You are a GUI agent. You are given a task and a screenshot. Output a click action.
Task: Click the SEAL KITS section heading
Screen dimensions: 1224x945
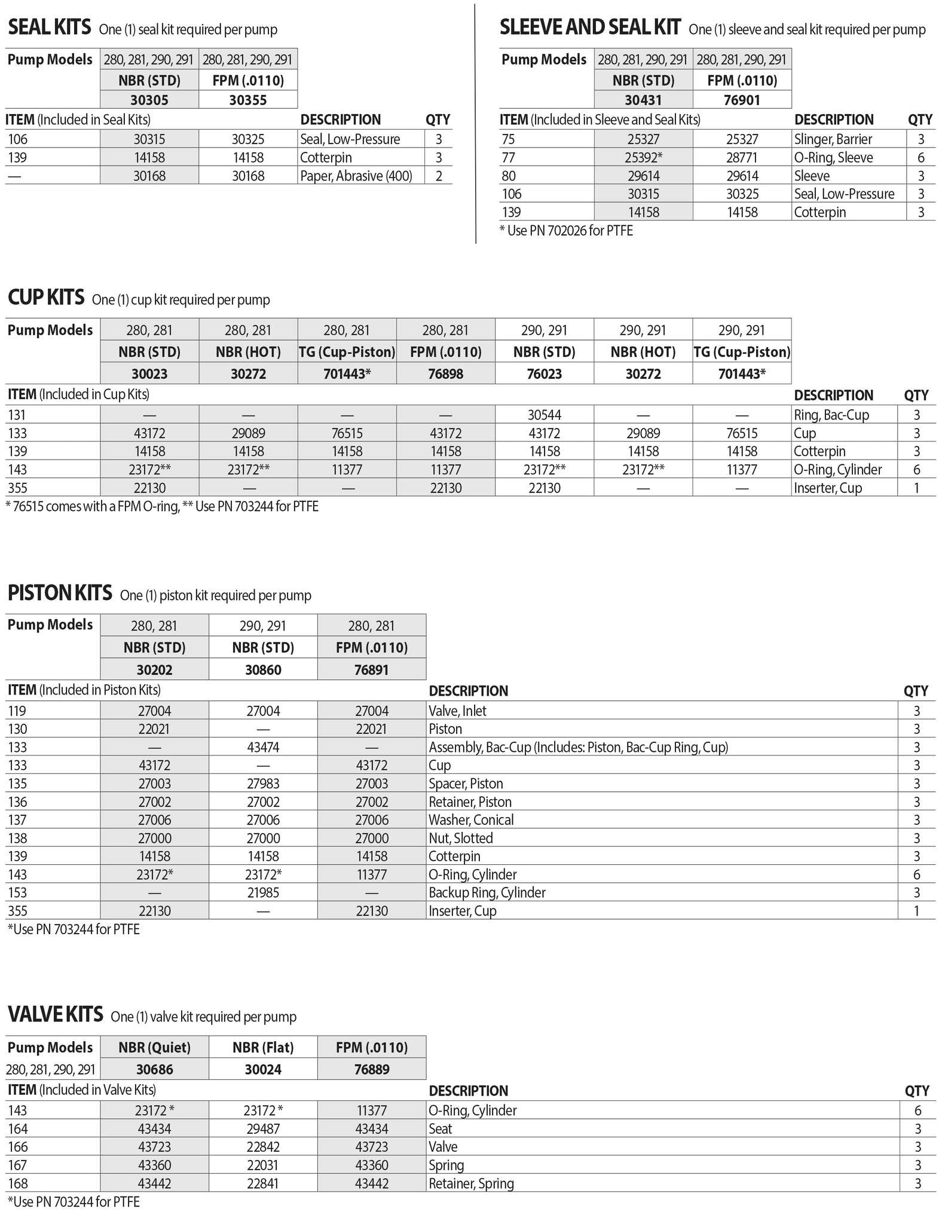pos(49,27)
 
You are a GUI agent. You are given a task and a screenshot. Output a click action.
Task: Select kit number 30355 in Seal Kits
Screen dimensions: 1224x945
pos(247,100)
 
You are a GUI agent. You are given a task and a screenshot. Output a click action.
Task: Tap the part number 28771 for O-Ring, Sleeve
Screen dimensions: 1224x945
pos(742,158)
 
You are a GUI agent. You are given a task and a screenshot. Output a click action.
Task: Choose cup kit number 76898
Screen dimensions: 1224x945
pos(445,374)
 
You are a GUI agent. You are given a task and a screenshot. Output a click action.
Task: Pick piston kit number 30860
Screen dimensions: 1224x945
pos(263,670)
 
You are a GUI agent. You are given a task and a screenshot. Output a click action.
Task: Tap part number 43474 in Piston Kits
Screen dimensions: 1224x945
pos(263,748)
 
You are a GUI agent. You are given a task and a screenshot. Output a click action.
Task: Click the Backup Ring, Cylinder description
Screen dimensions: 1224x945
pos(487,893)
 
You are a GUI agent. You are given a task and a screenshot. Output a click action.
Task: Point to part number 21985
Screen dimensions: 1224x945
pos(263,893)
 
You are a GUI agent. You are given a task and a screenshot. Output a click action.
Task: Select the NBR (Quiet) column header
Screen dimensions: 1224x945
pos(154,1047)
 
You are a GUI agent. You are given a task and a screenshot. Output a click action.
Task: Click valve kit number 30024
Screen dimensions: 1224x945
pos(263,1069)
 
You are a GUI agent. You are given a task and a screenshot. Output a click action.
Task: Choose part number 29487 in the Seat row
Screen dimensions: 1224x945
pos(263,1129)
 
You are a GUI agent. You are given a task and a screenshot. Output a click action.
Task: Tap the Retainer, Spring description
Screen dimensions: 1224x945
pos(471,1183)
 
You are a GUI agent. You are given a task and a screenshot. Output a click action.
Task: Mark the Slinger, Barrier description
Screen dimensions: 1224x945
pos(833,140)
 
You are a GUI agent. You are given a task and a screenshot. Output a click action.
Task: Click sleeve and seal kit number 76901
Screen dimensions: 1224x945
pos(742,100)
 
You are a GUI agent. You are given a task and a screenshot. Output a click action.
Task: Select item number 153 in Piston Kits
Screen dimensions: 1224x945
pos(17,893)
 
